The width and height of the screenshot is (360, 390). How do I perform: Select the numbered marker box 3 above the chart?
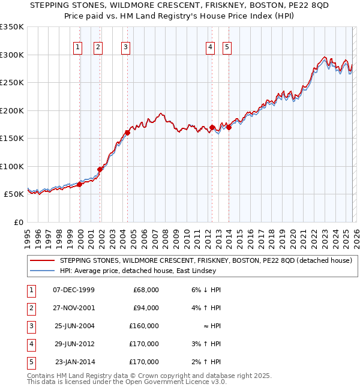pos(125,48)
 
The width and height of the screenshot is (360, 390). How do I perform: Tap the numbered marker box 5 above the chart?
pos(227,48)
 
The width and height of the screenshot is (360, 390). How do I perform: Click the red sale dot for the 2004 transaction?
pos(127,133)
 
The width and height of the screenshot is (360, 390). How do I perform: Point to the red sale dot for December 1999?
pos(79,185)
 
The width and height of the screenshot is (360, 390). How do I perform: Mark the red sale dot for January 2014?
pos(229,127)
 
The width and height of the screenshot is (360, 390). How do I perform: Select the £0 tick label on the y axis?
pos(18,222)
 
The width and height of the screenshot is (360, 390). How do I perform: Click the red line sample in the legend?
pos(43,260)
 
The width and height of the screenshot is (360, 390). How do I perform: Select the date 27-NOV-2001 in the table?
pos(74,308)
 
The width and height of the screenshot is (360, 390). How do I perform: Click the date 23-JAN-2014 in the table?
pos(74,362)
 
